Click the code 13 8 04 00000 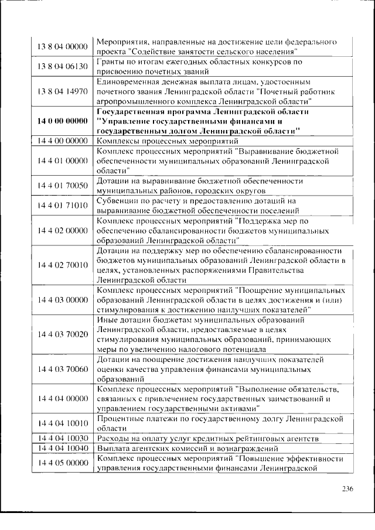click(62, 47)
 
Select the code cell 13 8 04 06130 click(62, 66)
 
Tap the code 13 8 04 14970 click(62, 91)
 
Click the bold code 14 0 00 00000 click(62, 121)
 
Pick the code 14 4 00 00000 click(62, 141)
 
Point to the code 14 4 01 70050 click(62, 186)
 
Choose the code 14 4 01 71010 click(62, 206)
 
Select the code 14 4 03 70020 click(62, 334)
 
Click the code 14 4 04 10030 click(62, 438)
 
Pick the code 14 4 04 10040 click(62, 448)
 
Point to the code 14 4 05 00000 click(62, 463)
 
